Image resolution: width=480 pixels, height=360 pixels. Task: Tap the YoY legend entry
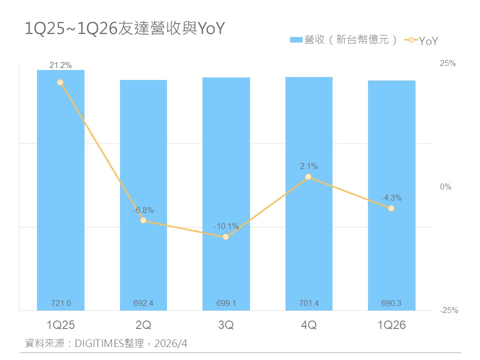pos(421,40)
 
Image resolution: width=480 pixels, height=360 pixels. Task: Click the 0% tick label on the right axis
pos(445,187)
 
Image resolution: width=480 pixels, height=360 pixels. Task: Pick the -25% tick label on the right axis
pos(448,310)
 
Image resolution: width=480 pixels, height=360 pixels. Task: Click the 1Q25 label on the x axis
pos(60,325)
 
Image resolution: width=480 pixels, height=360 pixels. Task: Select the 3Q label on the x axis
pos(226,325)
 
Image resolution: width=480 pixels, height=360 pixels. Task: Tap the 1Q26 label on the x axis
pos(391,325)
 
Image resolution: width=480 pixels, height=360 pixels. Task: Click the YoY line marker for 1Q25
pos(60,82)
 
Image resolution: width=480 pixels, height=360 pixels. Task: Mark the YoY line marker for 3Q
pos(226,236)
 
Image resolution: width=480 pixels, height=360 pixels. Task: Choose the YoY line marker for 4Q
pos(308,176)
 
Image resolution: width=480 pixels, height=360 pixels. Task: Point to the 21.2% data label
pos(60,65)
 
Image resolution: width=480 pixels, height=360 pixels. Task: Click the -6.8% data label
pos(143,210)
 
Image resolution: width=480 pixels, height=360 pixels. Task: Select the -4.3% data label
pos(391,198)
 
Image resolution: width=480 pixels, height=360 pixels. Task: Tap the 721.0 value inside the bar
pos(60,303)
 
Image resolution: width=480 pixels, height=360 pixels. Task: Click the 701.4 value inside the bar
pos(308,303)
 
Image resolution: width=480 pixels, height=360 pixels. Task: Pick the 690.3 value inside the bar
pos(391,303)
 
